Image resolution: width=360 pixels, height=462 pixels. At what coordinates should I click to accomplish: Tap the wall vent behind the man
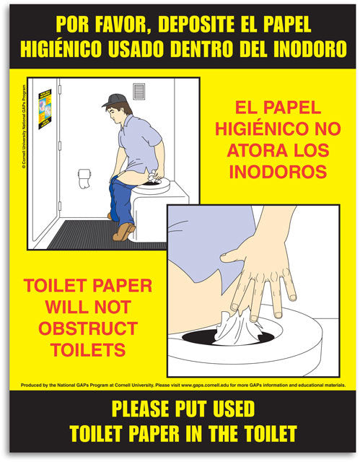tap(139, 91)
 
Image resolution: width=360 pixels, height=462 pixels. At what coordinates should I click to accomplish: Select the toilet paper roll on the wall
tap(85, 178)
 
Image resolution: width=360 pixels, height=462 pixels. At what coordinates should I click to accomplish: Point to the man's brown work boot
tap(123, 232)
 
